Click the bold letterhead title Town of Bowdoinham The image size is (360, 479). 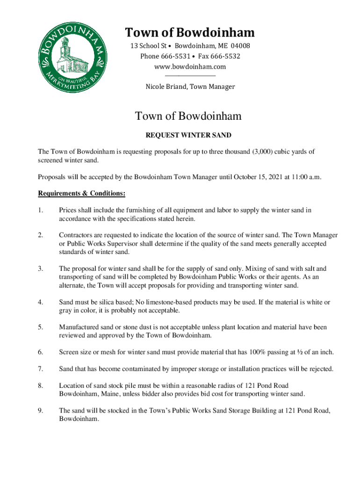tap(190, 33)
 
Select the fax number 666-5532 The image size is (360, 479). tap(226, 57)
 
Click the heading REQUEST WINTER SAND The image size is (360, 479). tap(188, 135)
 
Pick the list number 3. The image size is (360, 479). tap(41, 269)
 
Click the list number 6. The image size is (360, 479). tap(41, 352)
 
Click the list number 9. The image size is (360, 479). tap(41, 410)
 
